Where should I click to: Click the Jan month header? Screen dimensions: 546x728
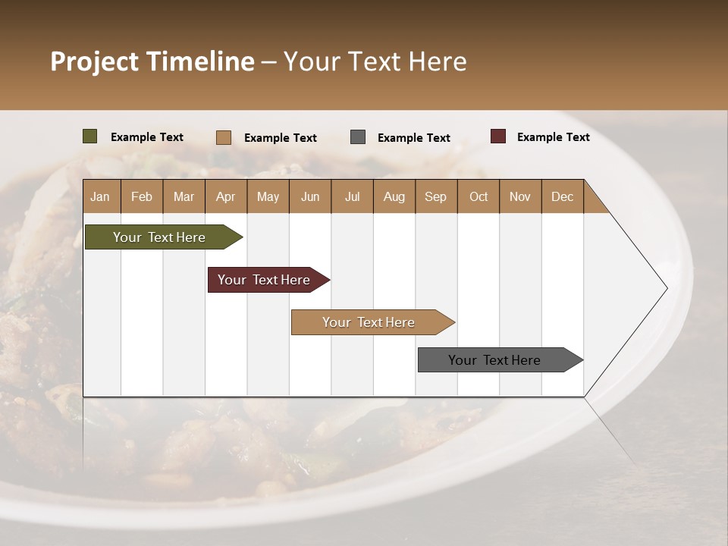coord(100,196)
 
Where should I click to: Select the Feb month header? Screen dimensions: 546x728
coord(142,196)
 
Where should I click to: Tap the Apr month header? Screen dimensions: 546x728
coord(225,196)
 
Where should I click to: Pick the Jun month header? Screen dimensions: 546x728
coord(310,196)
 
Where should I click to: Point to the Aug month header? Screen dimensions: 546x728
coord(394,196)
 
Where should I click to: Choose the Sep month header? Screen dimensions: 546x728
coord(435,196)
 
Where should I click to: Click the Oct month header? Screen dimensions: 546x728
coord(479,196)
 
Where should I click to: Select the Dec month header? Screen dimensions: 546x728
coord(562,196)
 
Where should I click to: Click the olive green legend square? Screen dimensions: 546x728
coord(90,136)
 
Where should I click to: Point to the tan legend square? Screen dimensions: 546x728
coord(224,137)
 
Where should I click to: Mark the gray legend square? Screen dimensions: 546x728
coord(358,137)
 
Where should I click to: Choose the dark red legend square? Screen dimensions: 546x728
coord(497,136)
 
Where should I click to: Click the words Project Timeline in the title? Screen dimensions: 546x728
coord(152,61)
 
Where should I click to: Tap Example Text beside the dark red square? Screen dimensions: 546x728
coord(553,137)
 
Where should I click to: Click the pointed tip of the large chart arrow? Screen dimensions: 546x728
coord(665,288)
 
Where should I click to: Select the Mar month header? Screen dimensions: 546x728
coord(184,196)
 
